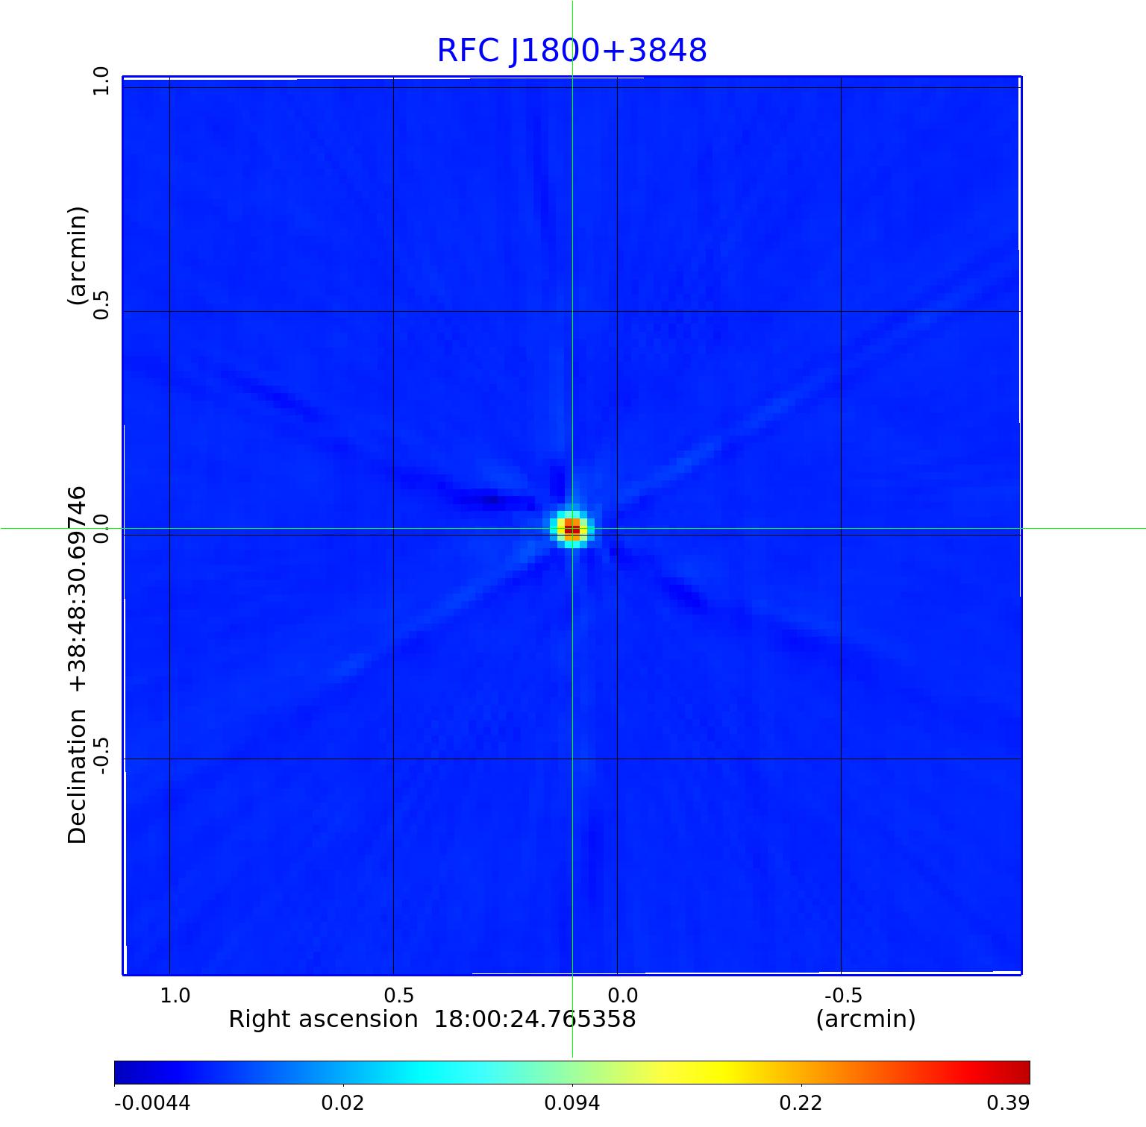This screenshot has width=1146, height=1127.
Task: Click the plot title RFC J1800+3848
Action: [572, 51]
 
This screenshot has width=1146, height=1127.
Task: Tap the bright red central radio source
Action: [572, 529]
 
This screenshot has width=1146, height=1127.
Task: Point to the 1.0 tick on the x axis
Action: [175, 995]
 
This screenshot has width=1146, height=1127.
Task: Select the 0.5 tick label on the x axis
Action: [398, 995]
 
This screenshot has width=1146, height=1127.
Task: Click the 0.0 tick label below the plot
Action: [622, 995]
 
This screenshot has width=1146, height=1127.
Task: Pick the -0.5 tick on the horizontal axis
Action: [843, 995]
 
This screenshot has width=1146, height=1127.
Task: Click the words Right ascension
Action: [323, 1019]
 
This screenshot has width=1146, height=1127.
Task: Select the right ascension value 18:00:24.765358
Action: [535, 1019]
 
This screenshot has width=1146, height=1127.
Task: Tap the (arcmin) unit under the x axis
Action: [865, 1019]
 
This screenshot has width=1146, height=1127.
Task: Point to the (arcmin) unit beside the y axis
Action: [78, 256]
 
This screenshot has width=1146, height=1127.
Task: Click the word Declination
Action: [78, 776]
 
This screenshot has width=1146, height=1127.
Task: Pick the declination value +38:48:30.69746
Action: [78, 590]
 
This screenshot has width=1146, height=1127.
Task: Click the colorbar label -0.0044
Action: [152, 1102]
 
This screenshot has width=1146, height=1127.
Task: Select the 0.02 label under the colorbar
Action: [342, 1102]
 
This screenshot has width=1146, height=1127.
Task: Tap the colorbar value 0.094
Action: [572, 1102]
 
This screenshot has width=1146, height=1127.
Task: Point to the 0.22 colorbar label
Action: [801, 1102]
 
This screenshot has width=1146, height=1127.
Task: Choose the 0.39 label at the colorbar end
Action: [1007, 1102]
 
